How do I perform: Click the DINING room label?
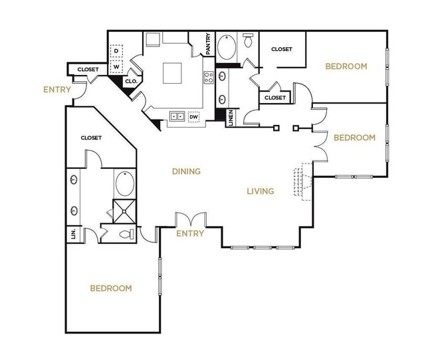(x=186, y=171)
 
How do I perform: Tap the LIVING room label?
(x=261, y=191)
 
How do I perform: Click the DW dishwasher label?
(x=194, y=117)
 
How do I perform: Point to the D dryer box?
(x=116, y=50)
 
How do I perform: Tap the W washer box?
(x=116, y=66)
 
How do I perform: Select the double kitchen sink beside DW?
(x=177, y=117)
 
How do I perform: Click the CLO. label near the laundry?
(x=131, y=81)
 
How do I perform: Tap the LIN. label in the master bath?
(x=72, y=234)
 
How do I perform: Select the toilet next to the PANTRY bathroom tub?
(x=249, y=41)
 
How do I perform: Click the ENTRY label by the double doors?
(x=190, y=234)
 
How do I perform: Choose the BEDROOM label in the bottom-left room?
(x=111, y=288)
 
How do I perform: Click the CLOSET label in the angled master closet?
(x=91, y=138)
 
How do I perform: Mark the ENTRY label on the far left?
(x=57, y=90)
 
